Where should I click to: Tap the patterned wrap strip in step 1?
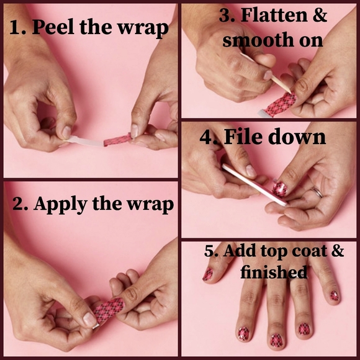coord(118,138)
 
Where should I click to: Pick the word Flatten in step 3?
coord(279,16)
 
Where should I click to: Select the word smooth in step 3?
coord(254,40)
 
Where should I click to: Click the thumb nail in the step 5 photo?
coord(207,274)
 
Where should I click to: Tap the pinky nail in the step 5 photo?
coord(334,295)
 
